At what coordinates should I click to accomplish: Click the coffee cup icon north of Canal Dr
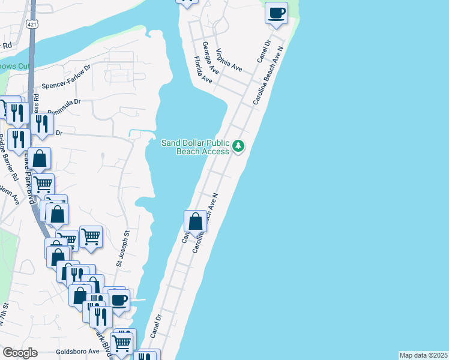(277, 13)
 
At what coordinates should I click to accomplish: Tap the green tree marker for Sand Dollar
(239, 146)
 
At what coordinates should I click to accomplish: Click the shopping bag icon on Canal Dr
(196, 221)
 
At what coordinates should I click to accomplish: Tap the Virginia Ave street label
(229, 60)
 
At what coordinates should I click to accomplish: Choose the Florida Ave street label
(203, 70)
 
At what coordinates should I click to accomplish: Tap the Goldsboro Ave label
(77, 352)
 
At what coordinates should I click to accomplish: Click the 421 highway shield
(31, 23)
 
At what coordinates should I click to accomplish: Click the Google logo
(20, 353)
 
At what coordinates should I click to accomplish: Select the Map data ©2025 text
(423, 355)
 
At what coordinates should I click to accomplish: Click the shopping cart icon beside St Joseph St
(91, 236)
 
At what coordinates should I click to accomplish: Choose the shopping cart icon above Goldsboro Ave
(122, 342)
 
